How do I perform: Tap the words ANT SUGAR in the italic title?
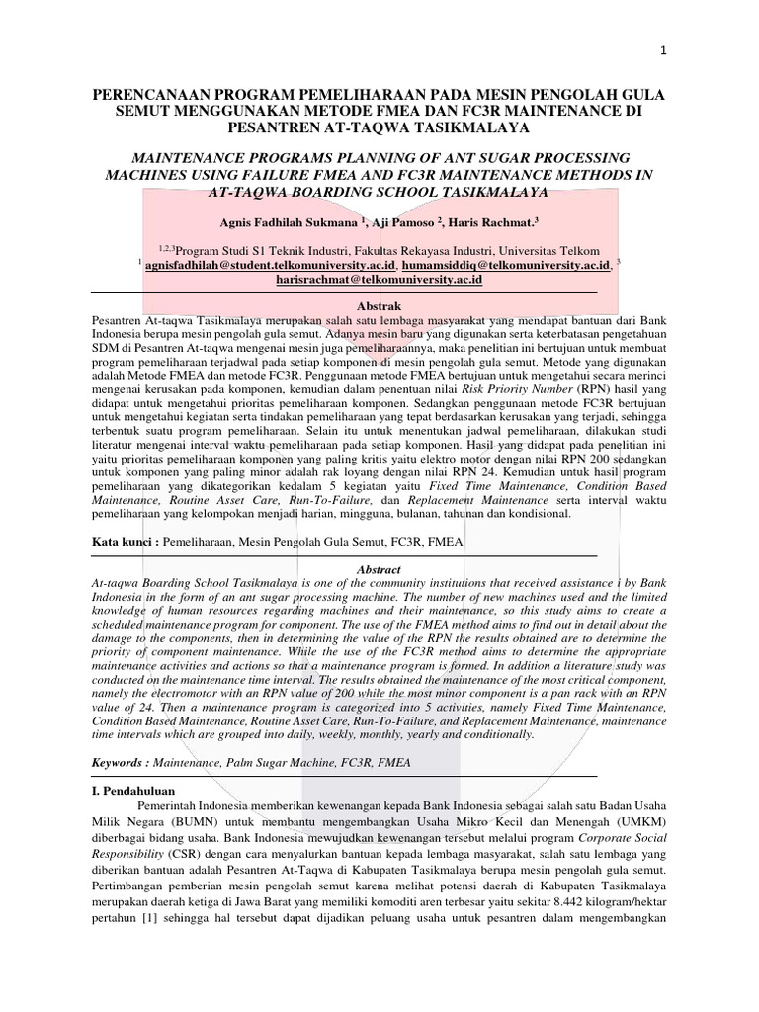point(487,158)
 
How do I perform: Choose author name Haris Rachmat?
point(502,222)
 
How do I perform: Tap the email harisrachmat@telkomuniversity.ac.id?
point(379,281)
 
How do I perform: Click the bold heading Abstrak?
point(379,308)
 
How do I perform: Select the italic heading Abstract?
point(379,570)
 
